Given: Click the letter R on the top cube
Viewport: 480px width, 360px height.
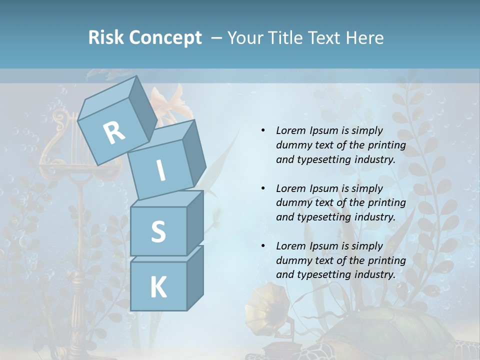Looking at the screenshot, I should point(114,133).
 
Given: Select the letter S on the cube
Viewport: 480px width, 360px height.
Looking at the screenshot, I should point(158,231).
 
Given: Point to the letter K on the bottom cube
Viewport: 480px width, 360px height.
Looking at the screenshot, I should point(158,287).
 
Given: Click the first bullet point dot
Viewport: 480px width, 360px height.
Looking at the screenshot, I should point(263,130).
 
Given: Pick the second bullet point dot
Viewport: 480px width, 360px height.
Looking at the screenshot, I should point(263,188).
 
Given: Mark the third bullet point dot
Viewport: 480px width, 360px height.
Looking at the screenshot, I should point(263,246).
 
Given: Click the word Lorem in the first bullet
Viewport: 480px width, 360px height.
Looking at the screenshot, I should point(290,130).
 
